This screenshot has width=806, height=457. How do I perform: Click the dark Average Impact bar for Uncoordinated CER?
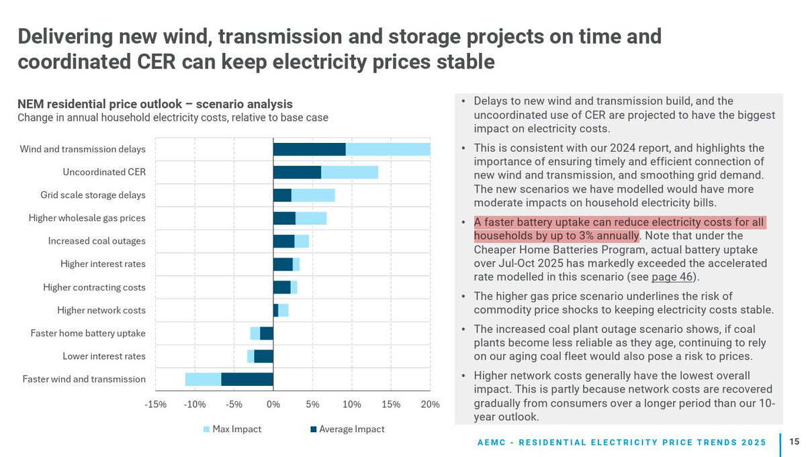coord(297,172)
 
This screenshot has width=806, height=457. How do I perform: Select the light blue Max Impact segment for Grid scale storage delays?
coord(313,195)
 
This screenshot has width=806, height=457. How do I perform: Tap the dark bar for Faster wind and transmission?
coord(247,379)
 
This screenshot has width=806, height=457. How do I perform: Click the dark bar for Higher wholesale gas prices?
coord(284,218)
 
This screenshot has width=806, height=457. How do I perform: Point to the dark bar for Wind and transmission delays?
coord(309,150)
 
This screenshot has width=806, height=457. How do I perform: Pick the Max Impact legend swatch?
coord(206,429)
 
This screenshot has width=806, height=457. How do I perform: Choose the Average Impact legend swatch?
coord(313,429)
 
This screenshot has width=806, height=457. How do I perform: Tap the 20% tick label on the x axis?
coord(430,405)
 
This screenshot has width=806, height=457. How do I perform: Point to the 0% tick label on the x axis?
coord(273,405)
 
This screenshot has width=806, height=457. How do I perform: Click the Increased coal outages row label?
coord(97,241)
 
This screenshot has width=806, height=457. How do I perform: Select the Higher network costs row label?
coord(101,310)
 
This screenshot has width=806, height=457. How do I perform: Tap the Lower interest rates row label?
coord(104,356)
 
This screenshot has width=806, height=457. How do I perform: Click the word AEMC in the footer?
coord(494,442)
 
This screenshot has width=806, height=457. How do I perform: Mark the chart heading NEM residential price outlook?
coord(154,104)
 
